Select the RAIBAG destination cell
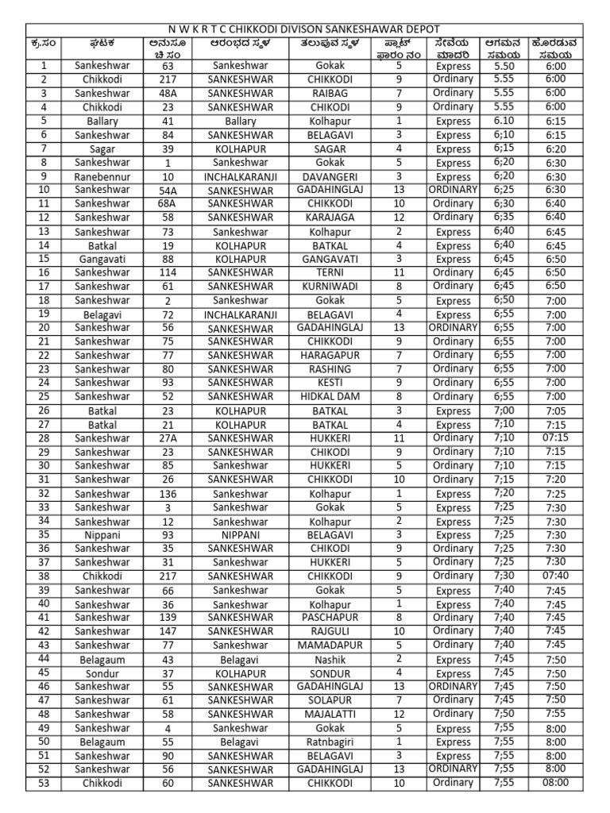[330, 93]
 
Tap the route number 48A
[167, 94]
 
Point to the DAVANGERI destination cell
[330, 176]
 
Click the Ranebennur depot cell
[102, 176]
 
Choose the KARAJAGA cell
[330, 217]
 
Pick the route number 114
[167, 272]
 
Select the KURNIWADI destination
[330, 286]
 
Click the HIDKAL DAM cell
[330, 396]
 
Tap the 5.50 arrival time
[503, 67]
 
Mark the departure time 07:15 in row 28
[555, 437]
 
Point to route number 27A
[167, 438]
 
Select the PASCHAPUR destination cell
[330, 617]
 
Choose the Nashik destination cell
[330, 659]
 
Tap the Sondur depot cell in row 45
[102, 673]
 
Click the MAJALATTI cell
[330, 714]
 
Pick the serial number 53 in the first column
[44, 783]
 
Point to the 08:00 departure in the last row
[555, 782]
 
